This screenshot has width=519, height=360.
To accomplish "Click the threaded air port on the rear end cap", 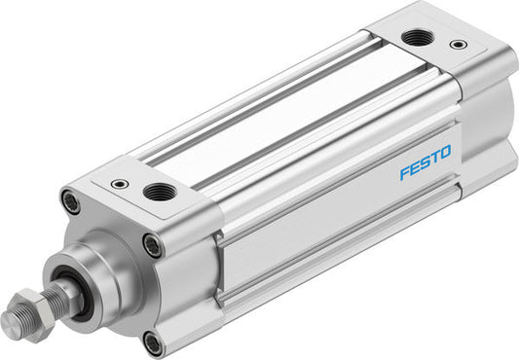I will pyautogui.click(x=420, y=36).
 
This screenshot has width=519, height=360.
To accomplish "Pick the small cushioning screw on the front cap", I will pyautogui.click(x=119, y=183).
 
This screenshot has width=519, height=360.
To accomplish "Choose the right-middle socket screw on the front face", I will pyautogui.click(x=152, y=245).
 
